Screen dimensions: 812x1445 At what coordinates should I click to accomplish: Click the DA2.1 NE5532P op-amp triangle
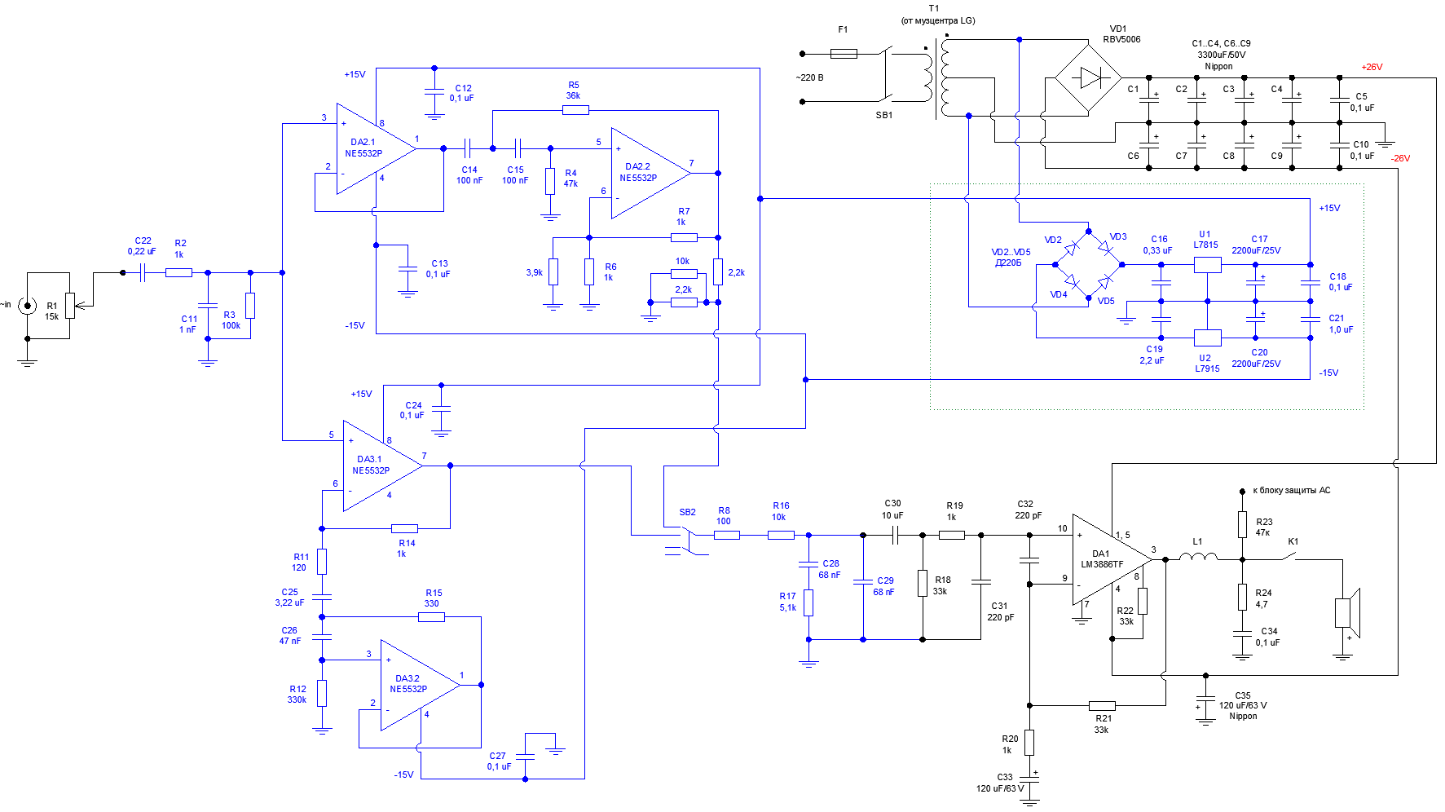pyautogui.click(x=371, y=149)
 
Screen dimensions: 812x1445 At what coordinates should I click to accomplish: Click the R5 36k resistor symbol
pyautogui.click(x=575, y=109)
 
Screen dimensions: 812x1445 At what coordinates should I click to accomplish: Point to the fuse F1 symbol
pyautogui.click(x=844, y=54)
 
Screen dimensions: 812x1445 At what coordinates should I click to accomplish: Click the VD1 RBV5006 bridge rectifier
pyautogui.click(x=1088, y=78)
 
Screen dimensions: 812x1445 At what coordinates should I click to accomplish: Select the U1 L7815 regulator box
pyautogui.click(x=1207, y=264)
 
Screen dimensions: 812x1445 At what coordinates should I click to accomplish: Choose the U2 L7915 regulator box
pyautogui.click(x=1207, y=338)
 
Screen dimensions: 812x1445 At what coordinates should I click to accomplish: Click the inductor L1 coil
pyautogui.click(x=1198, y=558)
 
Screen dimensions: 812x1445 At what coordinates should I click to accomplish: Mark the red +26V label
pyautogui.click(x=1372, y=67)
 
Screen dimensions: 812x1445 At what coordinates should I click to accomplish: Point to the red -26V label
pyautogui.click(x=1400, y=158)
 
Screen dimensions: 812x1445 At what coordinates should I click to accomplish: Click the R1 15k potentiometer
pyautogui.click(x=70, y=307)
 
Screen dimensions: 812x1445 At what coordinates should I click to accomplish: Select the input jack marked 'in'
pyautogui.click(x=28, y=306)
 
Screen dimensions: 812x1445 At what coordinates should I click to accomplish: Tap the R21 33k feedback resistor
pyautogui.click(x=1102, y=705)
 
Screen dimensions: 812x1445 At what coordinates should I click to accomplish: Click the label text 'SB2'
pyautogui.click(x=687, y=512)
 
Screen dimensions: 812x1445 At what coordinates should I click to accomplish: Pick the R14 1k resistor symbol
pyautogui.click(x=404, y=528)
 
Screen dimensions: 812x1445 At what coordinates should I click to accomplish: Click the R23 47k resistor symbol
pyautogui.click(x=1242, y=524)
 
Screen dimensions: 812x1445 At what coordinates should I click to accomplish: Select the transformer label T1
pyautogui.click(x=934, y=8)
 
